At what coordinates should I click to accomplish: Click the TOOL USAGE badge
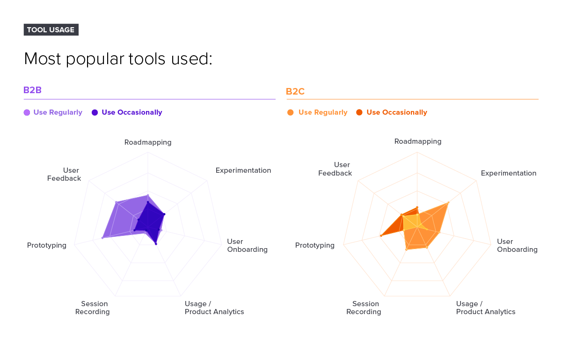tap(51, 29)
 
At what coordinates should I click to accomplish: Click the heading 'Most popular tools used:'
tap(118, 59)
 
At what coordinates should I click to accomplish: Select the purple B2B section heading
tap(32, 90)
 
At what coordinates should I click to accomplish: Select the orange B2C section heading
tap(295, 91)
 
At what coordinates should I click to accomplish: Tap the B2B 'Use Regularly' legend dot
tap(27, 112)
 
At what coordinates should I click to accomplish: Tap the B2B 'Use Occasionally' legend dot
tap(95, 112)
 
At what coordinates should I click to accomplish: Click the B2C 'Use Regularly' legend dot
tap(291, 112)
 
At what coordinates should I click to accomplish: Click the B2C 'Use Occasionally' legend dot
tap(359, 112)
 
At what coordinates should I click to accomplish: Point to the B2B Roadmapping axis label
tap(148, 142)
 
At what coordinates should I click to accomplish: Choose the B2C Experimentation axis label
tap(509, 173)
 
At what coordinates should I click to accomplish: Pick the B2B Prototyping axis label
tap(47, 245)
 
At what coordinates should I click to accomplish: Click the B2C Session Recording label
tap(364, 308)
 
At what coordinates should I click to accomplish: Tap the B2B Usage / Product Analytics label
tap(214, 308)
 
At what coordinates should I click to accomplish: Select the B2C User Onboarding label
tap(517, 245)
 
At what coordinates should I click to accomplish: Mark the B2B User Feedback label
tap(64, 174)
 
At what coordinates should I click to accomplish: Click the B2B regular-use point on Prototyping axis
tap(102, 238)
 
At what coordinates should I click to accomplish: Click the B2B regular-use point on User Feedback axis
tap(116, 202)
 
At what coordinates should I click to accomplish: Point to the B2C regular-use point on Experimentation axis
tap(448, 202)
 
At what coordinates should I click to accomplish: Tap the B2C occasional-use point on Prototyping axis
tap(381, 236)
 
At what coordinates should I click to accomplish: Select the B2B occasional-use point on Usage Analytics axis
tap(156, 244)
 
